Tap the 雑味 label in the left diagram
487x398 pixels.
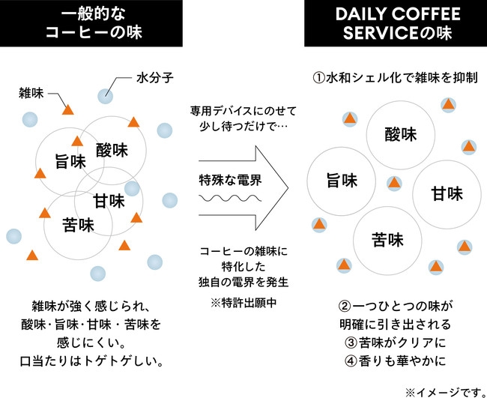pos(31,94)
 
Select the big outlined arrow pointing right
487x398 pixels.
pos(243,180)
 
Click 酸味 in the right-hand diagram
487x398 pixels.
pos(401,135)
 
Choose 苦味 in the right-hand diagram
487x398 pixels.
pos(387,240)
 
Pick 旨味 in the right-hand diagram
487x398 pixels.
pos(341,181)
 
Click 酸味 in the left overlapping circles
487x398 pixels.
pos(112,149)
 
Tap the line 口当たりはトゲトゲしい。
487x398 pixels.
pos(91,361)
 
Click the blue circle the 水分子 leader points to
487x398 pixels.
pos(106,95)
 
